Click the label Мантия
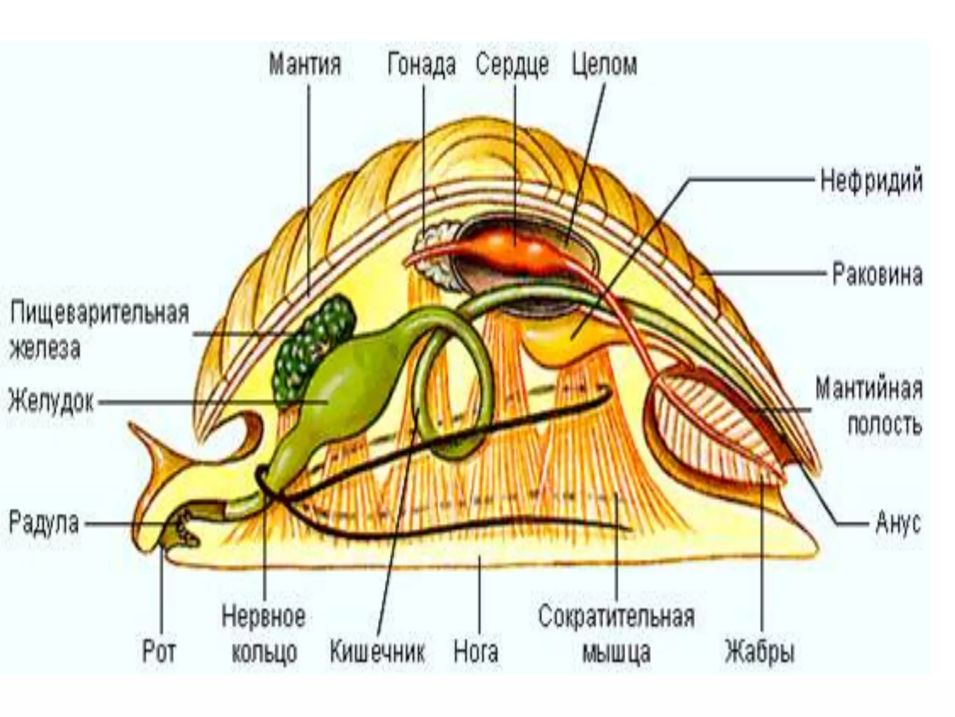tap(305, 64)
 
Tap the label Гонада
tap(422, 64)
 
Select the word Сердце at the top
tap(512, 64)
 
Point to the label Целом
tap(604, 64)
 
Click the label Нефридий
tap(871, 181)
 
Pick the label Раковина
tap(877, 274)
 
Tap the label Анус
tap(898, 523)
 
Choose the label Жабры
tap(759, 651)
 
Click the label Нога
tap(476, 651)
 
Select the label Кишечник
tap(377, 651)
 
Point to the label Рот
tap(159, 651)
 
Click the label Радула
tap(44, 523)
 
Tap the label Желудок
tap(51, 401)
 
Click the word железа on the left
tap(45, 348)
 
